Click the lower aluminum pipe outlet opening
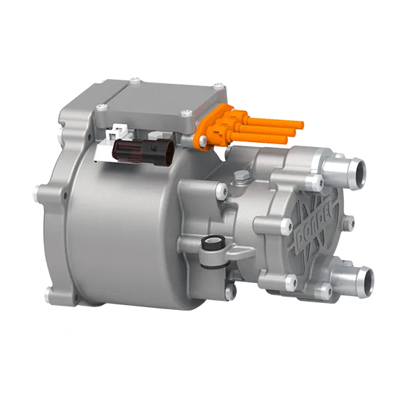[x=362, y=281]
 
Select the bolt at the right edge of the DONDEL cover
[x=349, y=223]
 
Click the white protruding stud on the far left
[x=36, y=187]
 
